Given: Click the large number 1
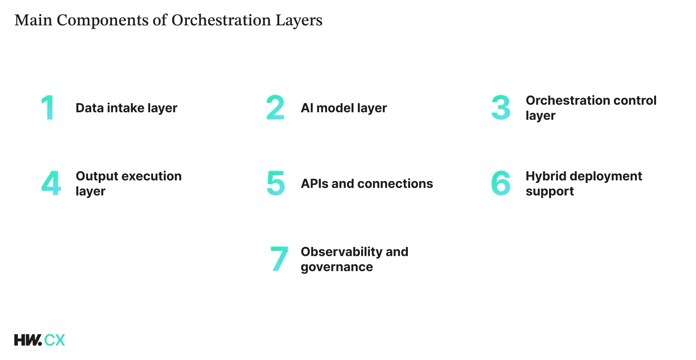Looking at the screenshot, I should click(x=48, y=108).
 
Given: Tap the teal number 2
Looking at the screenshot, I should click(x=275, y=108).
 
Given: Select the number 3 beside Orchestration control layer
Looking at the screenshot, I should click(x=501, y=108).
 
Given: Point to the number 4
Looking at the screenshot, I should click(x=51, y=183).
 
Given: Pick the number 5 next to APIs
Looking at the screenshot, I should click(x=276, y=183).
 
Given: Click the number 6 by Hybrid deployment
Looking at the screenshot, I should click(x=501, y=183).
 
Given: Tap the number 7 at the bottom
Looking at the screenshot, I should click(x=279, y=259).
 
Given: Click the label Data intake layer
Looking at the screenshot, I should click(x=126, y=108).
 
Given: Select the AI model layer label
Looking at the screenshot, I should click(x=344, y=108).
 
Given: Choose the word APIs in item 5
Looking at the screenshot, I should click(x=315, y=183).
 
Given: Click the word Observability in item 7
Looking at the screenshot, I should click(x=341, y=252).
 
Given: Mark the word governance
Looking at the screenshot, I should click(x=337, y=267).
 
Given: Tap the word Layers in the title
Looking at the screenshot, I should click(x=299, y=21).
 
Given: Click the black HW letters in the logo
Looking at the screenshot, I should click(x=28, y=340).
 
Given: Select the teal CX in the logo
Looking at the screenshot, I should click(x=55, y=340).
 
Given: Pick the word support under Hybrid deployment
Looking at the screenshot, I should click(x=550, y=191).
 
